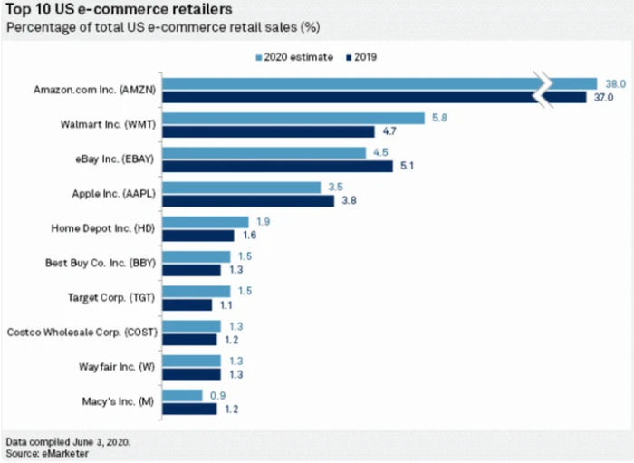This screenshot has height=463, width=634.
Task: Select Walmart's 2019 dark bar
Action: point(269,131)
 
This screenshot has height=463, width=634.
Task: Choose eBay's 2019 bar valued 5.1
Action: point(278,167)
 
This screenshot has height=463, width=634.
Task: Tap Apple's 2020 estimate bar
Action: point(243,187)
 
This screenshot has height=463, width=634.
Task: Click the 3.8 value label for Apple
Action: point(347,201)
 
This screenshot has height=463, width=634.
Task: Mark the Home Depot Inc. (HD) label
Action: point(107,228)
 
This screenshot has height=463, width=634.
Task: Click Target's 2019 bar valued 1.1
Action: point(187,305)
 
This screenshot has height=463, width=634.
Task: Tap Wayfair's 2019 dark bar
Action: point(192,373)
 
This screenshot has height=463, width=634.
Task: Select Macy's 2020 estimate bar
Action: point(183,395)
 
